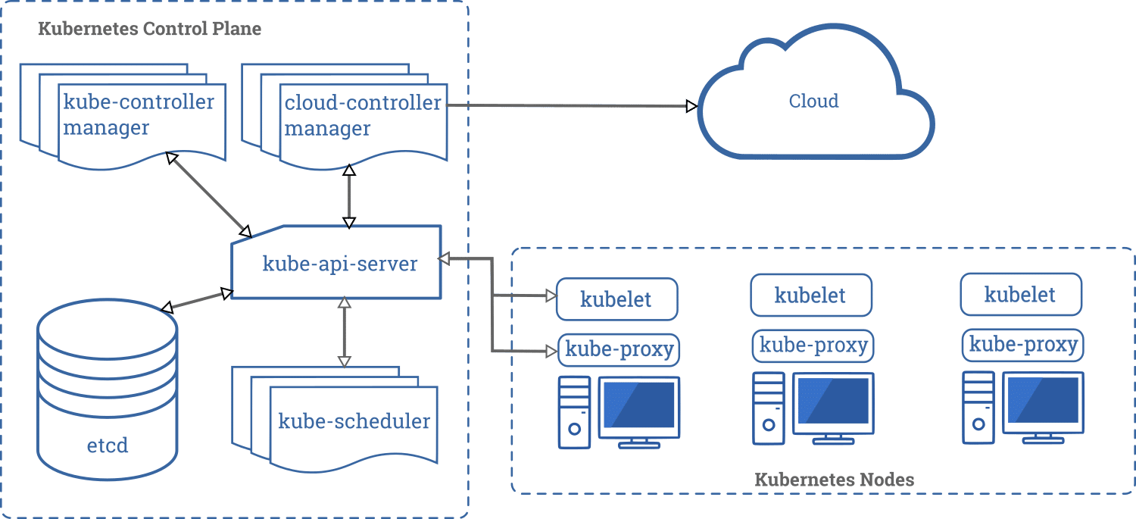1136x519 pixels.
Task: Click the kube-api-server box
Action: [339, 264]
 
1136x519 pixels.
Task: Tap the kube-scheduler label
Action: [354, 421]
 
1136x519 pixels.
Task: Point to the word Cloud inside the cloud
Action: [814, 101]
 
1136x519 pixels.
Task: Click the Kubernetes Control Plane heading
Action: [149, 30]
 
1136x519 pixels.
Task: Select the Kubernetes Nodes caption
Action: [834, 480]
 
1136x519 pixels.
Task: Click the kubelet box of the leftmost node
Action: [616, 299]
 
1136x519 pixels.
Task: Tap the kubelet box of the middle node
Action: [810, 295]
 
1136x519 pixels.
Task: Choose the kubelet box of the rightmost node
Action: [1020, 295]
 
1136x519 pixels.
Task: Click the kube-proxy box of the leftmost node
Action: [619, 350]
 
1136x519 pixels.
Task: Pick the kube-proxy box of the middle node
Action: [813, 345]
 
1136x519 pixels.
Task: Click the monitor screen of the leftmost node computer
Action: [638, 405]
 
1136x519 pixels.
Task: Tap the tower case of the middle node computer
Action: [769, 408]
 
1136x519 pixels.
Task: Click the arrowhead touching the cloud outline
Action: [691, 106]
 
